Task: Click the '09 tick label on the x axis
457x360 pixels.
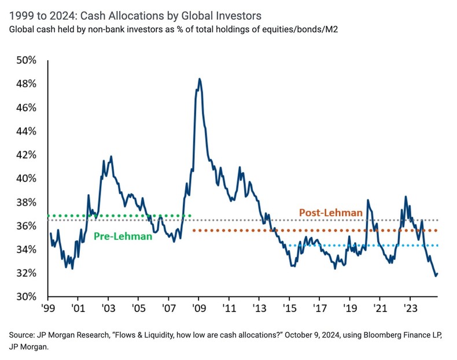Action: (198, 309)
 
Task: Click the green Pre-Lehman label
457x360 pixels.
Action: (123, 236)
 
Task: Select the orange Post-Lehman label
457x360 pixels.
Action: (330, 213)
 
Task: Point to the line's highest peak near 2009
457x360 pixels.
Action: (199, 79)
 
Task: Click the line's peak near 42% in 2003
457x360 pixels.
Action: (110, 156)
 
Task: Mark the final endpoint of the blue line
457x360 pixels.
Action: (437, 274)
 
